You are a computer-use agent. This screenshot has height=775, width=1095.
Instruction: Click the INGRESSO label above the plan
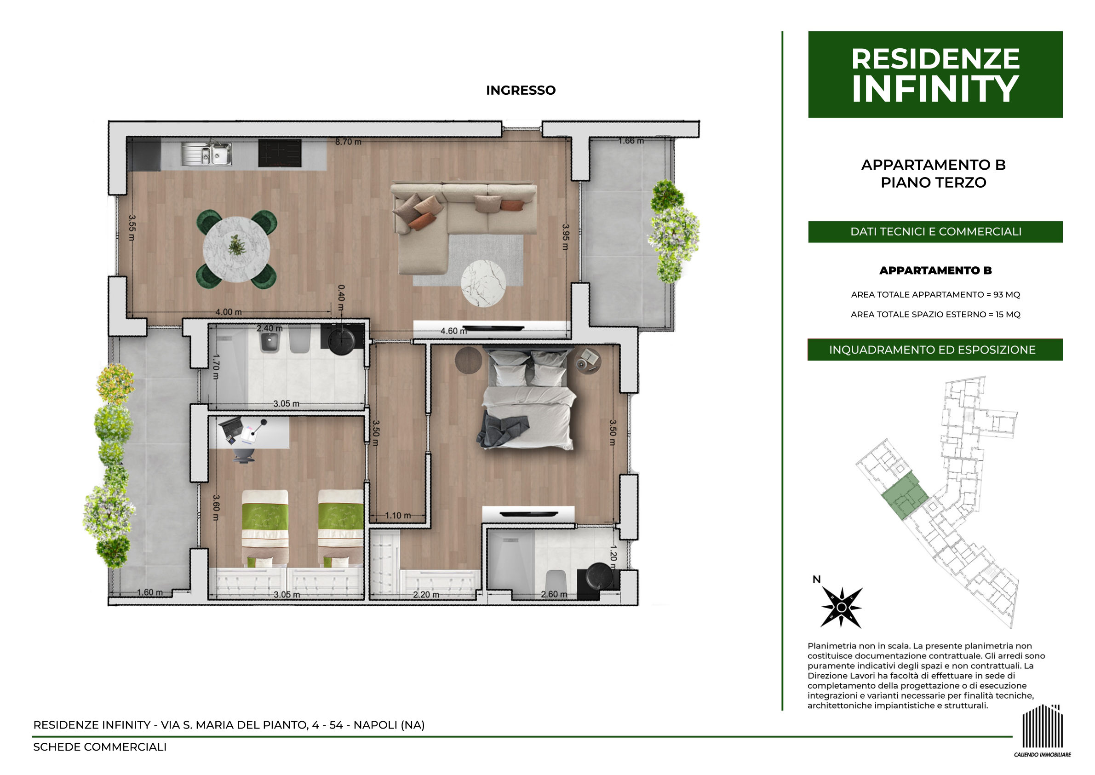(521, 90)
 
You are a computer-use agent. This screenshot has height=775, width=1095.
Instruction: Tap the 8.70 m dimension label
(348, 142)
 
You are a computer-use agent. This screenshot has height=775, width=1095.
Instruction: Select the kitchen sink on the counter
(206, 153)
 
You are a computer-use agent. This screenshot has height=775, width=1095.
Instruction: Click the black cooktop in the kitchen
(280, 153)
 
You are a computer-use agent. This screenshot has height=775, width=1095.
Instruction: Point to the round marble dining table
(236, 249)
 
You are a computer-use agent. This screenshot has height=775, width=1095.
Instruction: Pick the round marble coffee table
(483, 283)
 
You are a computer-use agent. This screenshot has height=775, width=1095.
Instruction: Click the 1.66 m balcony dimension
(631, 141)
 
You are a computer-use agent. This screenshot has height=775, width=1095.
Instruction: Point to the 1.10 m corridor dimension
(397, 516)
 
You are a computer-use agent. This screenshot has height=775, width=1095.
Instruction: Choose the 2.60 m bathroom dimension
(554, 594)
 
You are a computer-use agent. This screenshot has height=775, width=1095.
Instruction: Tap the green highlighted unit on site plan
(904, 499)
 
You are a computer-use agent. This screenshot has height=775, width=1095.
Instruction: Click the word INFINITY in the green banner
(935, 89)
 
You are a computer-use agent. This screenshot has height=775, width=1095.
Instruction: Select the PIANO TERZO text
(933, 182)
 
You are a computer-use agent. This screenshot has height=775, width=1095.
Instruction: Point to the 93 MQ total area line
(935, 294)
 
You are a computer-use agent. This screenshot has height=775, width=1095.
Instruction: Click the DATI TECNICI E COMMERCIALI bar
(935, 231)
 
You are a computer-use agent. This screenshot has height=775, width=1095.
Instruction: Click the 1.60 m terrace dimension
(150, 592)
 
